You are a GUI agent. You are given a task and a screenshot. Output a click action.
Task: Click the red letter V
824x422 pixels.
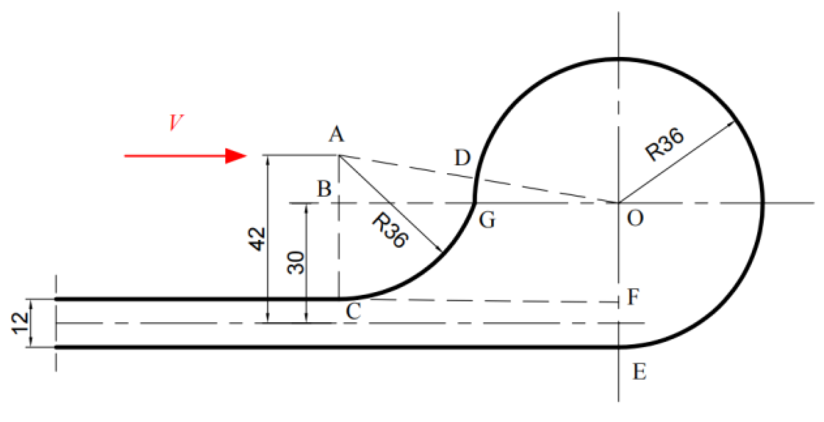pos(176,122)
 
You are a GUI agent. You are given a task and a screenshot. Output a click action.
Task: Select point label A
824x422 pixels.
pos(336,134)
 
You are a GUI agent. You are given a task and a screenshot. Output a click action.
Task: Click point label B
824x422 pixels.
pos(324,189)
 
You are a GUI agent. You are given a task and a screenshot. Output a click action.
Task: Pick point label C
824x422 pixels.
pos(353,311)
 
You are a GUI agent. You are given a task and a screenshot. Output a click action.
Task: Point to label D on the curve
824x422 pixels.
pos(462,158)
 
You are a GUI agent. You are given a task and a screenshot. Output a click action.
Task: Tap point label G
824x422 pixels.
pos(487,220)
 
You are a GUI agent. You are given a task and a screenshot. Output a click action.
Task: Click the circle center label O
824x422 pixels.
pos(635,218)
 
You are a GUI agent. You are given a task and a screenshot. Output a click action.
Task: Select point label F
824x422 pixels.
pos(634,297)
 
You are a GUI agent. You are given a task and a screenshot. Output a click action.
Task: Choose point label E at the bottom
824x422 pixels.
pos(640,372)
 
